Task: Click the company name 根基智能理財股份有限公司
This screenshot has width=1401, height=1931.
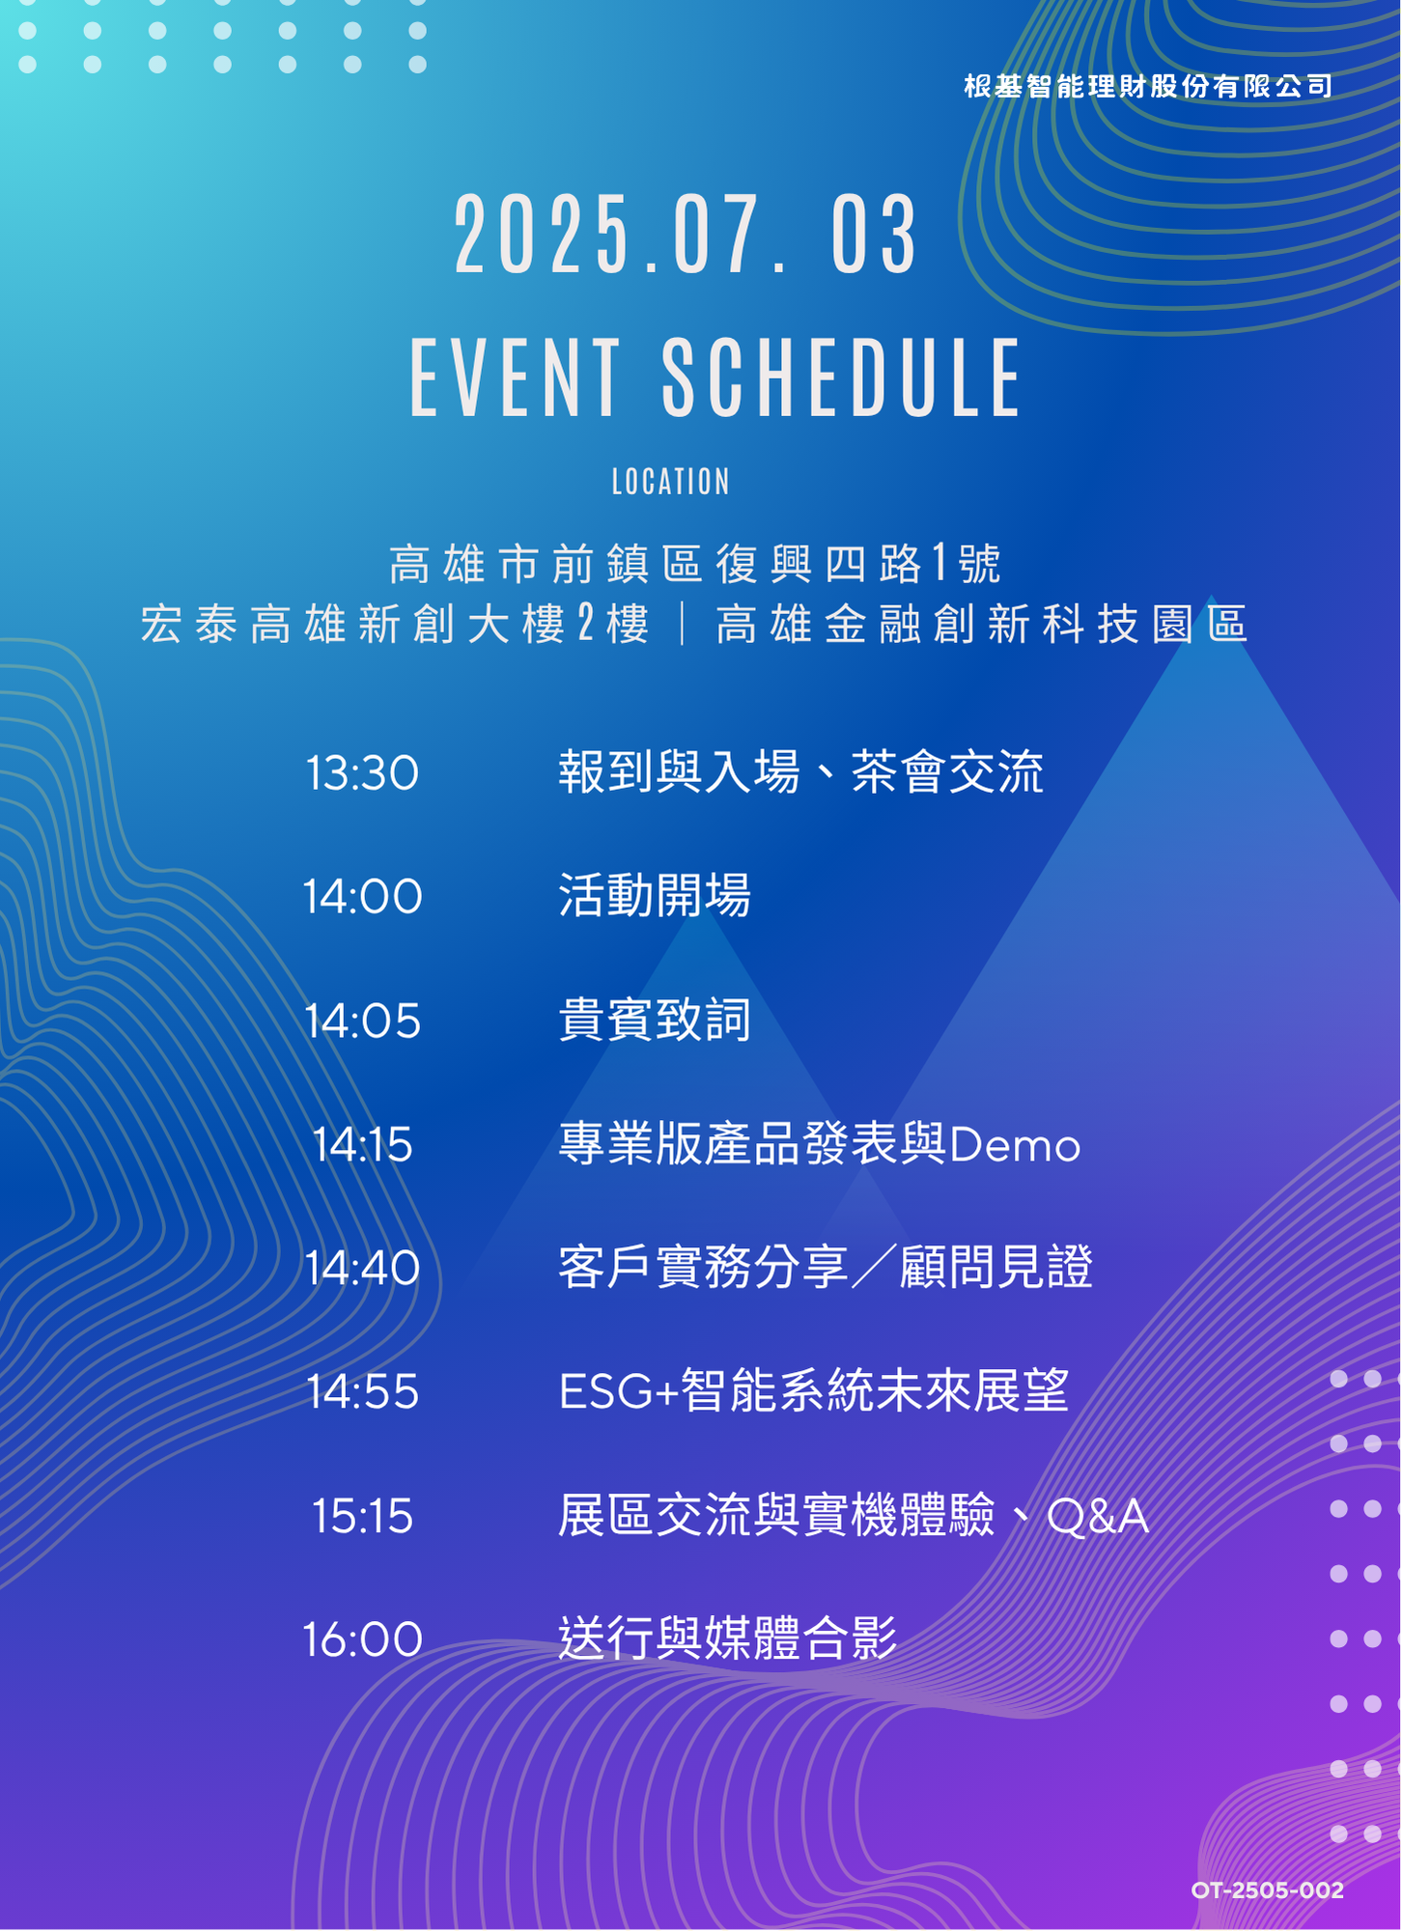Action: pyautogui.click(x=1148, y=86)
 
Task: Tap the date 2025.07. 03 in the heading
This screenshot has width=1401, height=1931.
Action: pyautogui.click(x=686, y=235)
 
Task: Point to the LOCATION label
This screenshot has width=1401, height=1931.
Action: pyautogui.click(x=671, y=482)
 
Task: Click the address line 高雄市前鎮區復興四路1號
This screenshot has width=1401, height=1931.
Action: pyautogui.click(x=695, y=564)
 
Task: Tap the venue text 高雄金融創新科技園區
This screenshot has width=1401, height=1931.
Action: pyautogui.click(x=982, y=624)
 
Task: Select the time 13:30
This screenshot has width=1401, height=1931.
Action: pyautogui.click(x=362, y=773)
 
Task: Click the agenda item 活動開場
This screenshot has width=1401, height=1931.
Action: pyautogui.click(x=655, y=896)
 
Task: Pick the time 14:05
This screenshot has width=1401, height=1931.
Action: pyautogui.click(x=362, y=1021)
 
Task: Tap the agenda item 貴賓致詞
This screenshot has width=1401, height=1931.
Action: pyautogui.click(x=655, y=1021)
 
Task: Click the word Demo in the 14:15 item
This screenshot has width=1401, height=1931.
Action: pyautogui.click(x=1015, y=1146)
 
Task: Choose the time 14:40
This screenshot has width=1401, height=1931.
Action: pyautogui.click(x=362, y=1269)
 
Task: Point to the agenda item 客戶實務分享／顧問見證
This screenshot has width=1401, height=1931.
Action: pyautogui.click(x=826, y=1268)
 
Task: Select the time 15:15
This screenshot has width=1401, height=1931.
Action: pyautogui.click(x=362, y=1516)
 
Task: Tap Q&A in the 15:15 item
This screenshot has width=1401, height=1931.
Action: pyautogui.click(x=1098, y=1516)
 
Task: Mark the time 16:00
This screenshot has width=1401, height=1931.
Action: pyautogui.click(x=362, y=1639)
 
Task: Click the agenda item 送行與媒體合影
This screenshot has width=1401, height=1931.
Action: pyautogui.click(x=728, y=1638)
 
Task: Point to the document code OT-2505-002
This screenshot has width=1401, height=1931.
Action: pyautogui.click(x=1268, y=1890)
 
